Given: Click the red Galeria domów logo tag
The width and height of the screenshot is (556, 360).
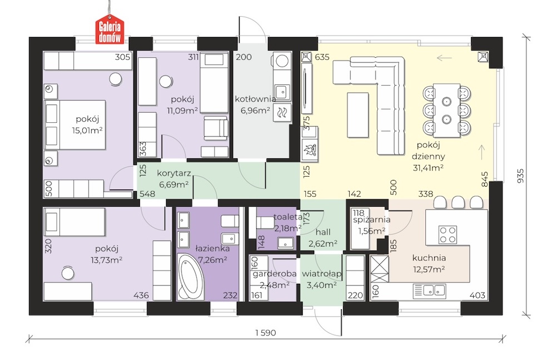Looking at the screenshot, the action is pos(110,30).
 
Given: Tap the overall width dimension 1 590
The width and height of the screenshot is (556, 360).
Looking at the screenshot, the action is pos(266,333).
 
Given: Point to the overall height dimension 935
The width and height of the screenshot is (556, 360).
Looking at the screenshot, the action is pos(520,176).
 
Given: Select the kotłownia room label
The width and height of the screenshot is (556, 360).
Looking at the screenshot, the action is pos(255,99).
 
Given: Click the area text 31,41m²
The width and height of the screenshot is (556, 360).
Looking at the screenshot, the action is pos(428,168).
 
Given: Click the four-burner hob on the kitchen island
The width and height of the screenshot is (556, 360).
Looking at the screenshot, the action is pos(448,234).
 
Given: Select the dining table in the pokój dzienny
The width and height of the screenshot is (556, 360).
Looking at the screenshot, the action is pos(446,111).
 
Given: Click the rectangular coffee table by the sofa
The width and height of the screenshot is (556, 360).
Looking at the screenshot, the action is pos(358,114).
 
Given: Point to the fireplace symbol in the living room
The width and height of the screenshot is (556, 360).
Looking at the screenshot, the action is pos(309,149).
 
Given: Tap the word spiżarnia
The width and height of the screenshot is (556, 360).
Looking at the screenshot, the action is pos(371,219).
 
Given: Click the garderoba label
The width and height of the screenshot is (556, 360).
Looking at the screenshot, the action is pos(275,274).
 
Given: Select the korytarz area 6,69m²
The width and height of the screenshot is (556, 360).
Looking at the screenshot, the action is pos(173,184).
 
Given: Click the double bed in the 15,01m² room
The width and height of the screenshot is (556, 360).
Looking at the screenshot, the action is pos(75,125).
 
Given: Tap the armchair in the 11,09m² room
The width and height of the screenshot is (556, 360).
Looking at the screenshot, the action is pos(216,129).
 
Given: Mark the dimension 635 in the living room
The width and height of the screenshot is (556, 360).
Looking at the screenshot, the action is pos(322,57).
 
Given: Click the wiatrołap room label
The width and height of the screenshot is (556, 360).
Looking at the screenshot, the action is pos(321,273).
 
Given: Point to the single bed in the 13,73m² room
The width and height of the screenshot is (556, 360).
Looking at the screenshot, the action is pos(75,222).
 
